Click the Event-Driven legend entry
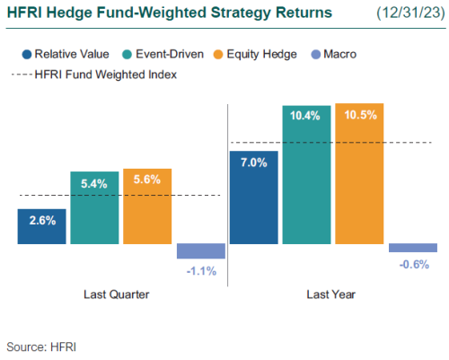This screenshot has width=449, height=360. pos(159,55)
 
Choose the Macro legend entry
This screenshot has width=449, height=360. pos(334,55)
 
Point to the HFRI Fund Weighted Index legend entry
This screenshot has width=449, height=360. pos(103,75)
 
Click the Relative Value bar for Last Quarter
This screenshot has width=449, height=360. pos(41,226)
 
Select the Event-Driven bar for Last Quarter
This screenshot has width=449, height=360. pos(94,207)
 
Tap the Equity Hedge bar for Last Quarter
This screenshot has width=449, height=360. pos(146,206)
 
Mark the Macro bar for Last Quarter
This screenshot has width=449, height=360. pos(200,250)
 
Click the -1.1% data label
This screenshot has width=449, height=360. pos(200,269)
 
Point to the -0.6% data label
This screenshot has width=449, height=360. pos(412,263)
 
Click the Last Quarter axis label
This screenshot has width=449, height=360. pos(116,294)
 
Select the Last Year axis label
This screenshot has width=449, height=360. pos(331,294)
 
